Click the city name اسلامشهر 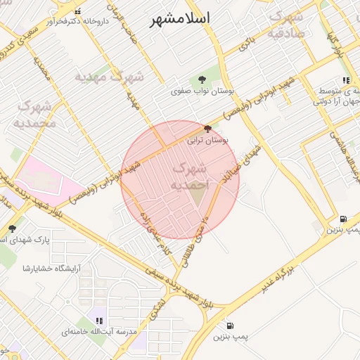coord(180,18)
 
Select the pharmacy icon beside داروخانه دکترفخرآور coord(77,11)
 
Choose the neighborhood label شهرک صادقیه coord(287,22)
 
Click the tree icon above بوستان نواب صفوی coord(202,79)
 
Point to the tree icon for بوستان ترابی coord(207,129)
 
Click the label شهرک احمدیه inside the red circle coord(188,176)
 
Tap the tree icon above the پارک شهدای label coord(11,228)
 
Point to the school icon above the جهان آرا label coord(345,81)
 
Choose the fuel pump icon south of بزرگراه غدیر coord(230,326)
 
